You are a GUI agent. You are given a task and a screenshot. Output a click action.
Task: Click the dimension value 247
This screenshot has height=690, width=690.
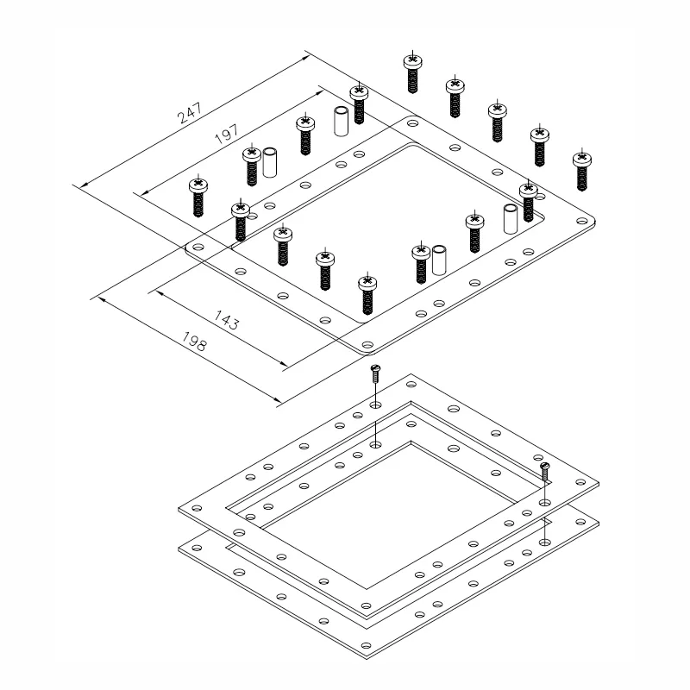[x=190, y=113]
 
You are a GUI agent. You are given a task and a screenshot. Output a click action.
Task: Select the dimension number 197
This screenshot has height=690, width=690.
[x=227, y=135]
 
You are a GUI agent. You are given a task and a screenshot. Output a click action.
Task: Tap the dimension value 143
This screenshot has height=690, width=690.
[x=226, y=320]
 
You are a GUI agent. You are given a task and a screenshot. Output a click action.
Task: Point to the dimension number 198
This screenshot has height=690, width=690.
[x=194, y=341]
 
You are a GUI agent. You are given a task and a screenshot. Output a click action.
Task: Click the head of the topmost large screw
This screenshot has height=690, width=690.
[x=412, y=60]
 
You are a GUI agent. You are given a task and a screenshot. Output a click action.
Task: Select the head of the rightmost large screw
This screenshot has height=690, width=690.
[x=581, y=159]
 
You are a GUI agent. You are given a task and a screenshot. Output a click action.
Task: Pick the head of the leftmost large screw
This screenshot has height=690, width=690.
[x=198, y=185]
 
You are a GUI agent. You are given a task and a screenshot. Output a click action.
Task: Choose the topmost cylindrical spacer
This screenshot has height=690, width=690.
[x=342, y=121]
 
